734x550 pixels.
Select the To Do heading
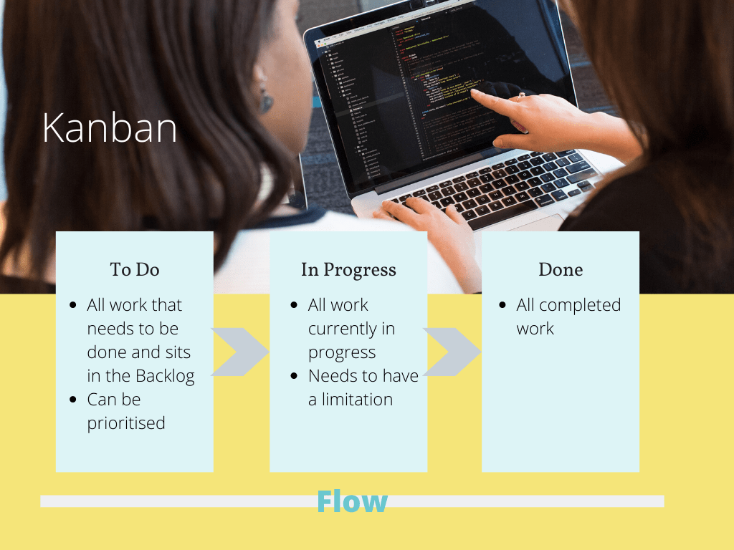135,270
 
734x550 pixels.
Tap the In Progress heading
348,270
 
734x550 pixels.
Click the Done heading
561,270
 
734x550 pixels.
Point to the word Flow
352,501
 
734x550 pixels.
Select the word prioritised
126,423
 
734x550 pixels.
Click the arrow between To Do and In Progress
239,352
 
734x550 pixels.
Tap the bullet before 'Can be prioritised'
73,400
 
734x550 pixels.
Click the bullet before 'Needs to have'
295,376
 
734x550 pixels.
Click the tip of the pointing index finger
474,95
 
